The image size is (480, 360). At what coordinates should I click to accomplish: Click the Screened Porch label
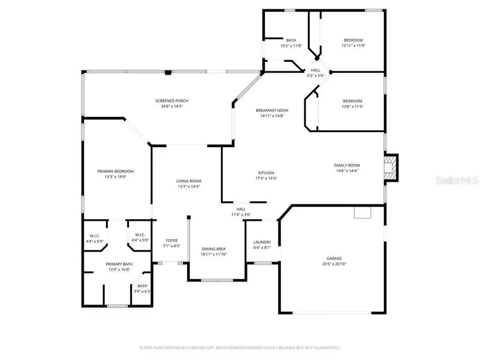[x=172, y=101]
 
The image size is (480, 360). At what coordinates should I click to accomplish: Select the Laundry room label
[x=262, y=242]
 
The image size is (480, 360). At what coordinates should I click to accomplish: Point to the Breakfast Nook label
[x=272, y=110]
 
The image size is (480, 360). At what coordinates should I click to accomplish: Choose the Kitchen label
[x=266, y=173]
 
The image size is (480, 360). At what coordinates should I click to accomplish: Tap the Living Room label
[x=188, y=181]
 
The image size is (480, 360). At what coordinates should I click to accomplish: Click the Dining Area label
[x=213, y=249]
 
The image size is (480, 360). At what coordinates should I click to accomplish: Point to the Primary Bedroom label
[x=115, y=171]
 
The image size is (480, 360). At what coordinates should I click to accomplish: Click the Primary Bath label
[x=119, y=264]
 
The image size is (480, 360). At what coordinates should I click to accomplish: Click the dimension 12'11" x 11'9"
[x=353, y=46]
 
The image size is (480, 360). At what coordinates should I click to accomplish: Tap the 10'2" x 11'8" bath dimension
[x=291, y=46]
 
